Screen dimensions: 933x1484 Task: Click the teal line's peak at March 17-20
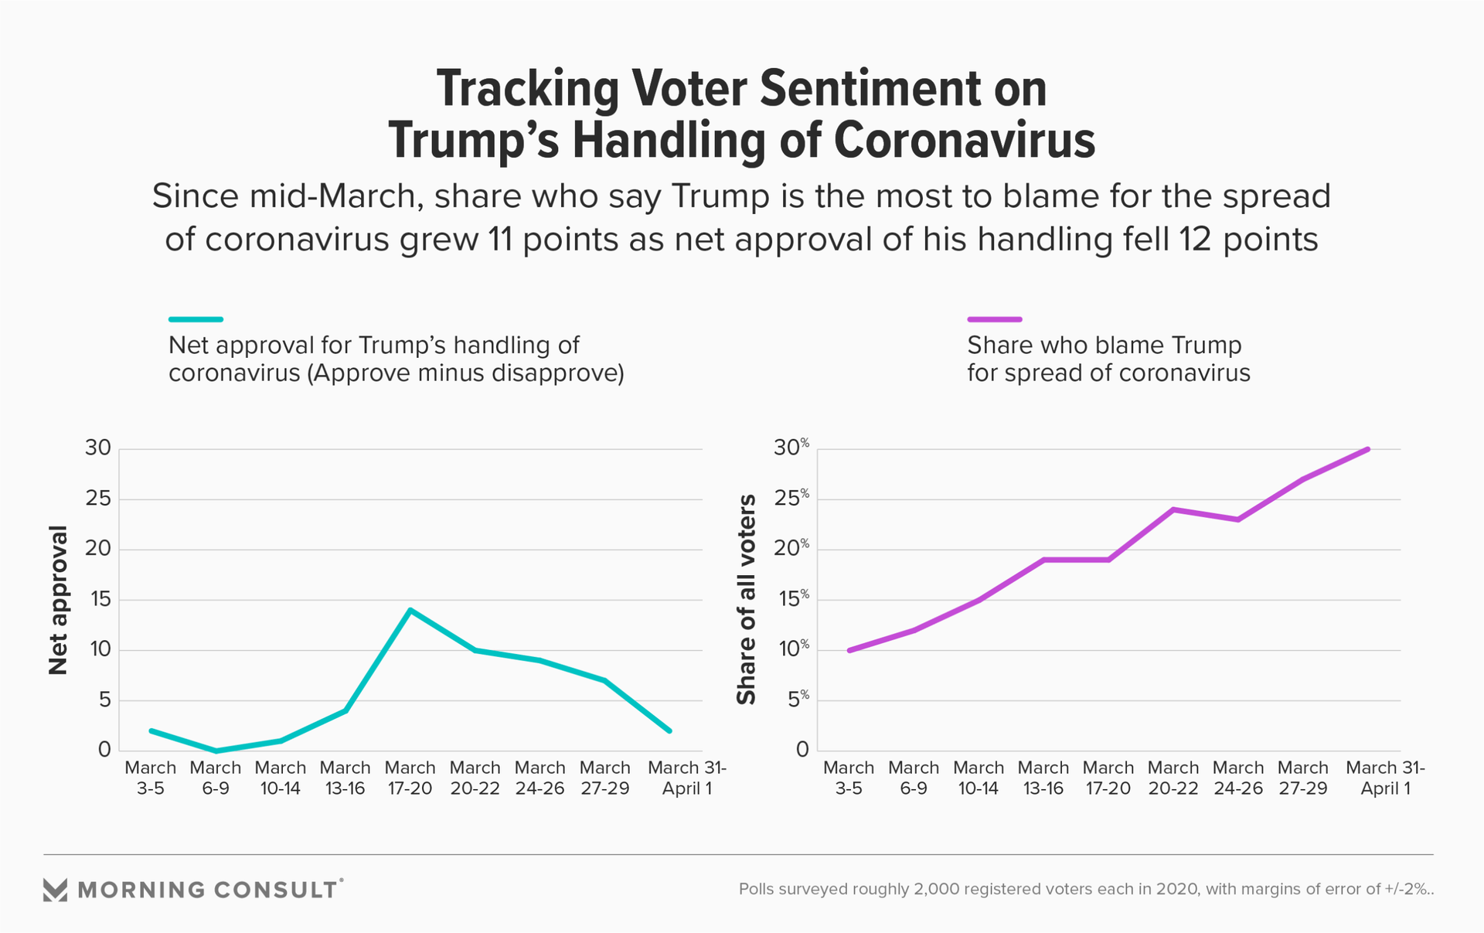click(410, 610)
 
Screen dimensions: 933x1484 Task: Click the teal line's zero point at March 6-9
click(216, 751)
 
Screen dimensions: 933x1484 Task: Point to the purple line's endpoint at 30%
click(1368, 449)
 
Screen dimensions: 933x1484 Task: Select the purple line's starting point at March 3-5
click(849, 650)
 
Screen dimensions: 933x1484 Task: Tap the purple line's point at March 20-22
click(1173, 509)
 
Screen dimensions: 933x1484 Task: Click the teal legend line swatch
click(196, 318)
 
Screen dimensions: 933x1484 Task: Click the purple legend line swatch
click(994, 318)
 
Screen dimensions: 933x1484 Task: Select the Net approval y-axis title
click(59, 600)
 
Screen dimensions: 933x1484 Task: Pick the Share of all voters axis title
click(747, 600)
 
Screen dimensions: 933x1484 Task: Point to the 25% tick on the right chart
click(791, 499)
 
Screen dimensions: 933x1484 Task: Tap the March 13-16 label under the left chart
click(345, 778)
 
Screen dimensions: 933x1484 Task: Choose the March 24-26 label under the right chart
click(1237, 778)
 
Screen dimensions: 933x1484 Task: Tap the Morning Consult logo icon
click(55, 890)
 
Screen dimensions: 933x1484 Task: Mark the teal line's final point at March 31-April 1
click(669, 730)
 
